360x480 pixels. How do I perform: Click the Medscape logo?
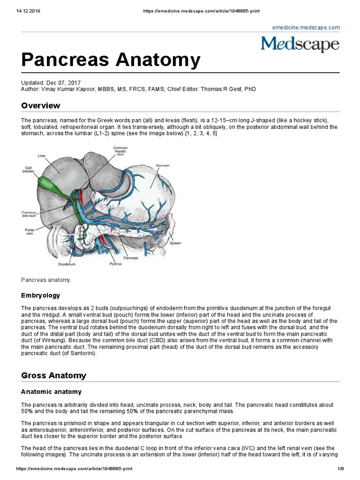[300, 44]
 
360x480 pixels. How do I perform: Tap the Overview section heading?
[41, 105]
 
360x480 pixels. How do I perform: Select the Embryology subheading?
[40, 295]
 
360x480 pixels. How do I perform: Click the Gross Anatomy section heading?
[54, 375]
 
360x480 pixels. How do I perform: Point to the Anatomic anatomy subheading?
[52, 391]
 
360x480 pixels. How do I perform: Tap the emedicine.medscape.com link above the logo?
[306, 28]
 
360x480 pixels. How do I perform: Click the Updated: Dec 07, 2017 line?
[51, 82]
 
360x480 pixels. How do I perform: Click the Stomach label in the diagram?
[163, 165]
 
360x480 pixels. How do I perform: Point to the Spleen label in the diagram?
[175, 243]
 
